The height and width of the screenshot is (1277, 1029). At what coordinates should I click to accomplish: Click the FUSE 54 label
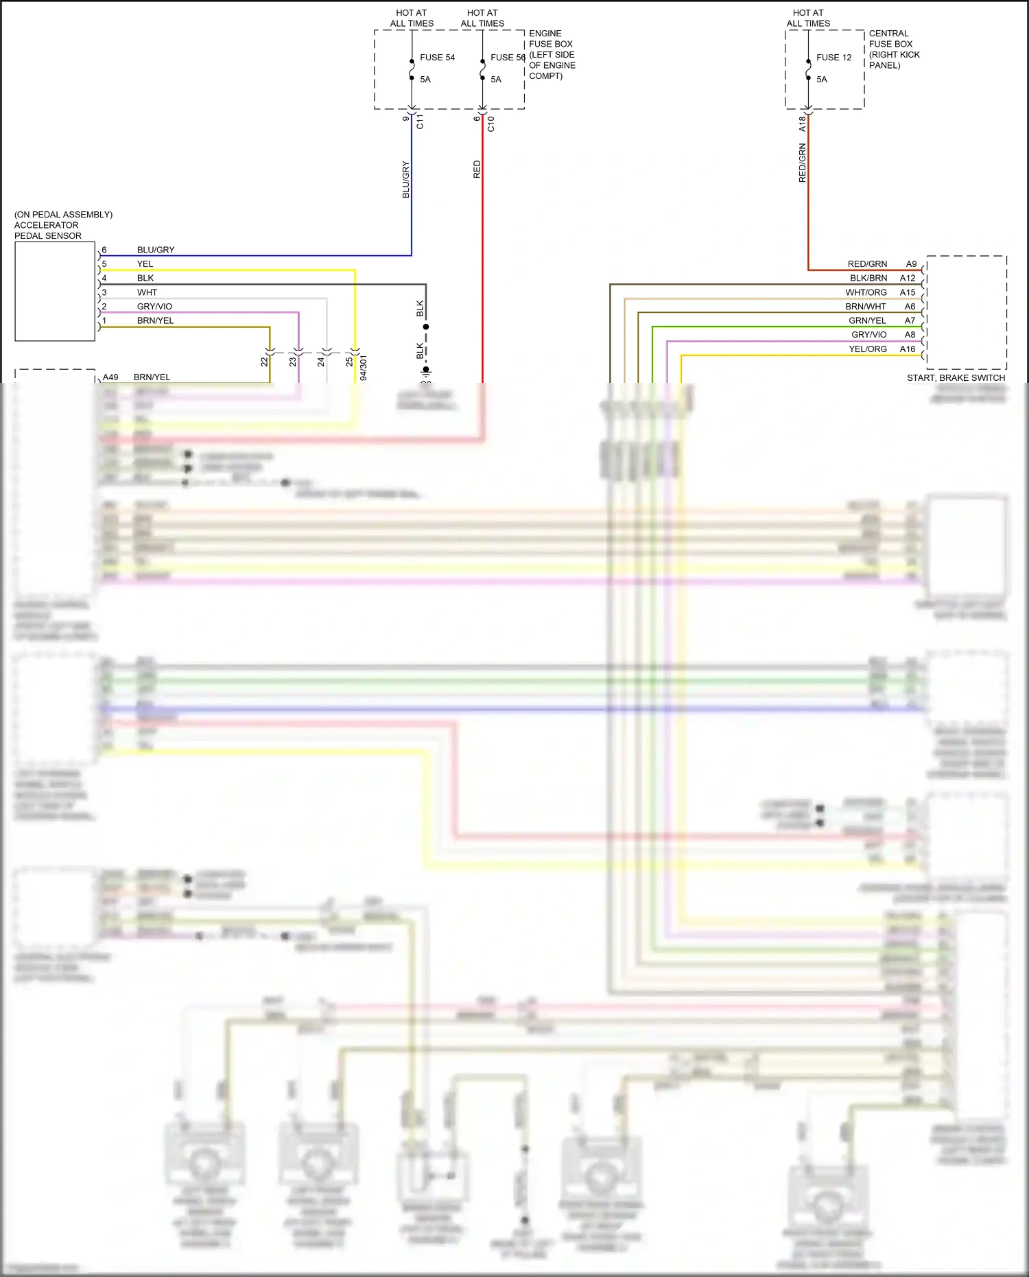coord(437,58)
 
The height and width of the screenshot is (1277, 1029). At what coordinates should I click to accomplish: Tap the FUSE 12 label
coord(833,58)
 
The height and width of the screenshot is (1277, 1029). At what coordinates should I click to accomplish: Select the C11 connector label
coord(420,122)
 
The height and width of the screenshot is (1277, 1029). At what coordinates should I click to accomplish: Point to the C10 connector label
coord(490,124)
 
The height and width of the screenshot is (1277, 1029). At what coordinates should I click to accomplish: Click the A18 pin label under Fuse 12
coord(802,124)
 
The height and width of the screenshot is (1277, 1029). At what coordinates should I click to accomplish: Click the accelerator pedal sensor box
coord(55,292)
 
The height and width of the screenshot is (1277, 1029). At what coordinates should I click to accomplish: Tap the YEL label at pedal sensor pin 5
coord(145,264)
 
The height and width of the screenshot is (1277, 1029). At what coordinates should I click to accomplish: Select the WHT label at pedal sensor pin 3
coord(147,292)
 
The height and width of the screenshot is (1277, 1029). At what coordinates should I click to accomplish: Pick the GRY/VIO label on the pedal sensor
coord(154,307)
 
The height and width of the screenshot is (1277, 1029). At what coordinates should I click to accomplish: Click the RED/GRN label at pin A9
coord(867,264)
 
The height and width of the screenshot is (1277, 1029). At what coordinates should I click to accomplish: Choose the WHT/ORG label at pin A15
coord(866,292)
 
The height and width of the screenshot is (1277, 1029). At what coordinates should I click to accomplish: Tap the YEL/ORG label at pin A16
coord(868,349)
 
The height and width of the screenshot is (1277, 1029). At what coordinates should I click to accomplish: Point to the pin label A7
coord(910,320)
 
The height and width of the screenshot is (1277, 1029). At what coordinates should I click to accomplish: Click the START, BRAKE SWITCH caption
coord(956,378)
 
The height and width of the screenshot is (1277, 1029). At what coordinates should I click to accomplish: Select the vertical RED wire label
coord(477,169)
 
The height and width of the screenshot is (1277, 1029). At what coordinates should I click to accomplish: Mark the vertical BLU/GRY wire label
coord(405,180)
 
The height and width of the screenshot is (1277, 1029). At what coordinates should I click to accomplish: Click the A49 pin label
coord(110,377)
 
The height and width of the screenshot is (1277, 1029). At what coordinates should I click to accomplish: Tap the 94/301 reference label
coord(363,367)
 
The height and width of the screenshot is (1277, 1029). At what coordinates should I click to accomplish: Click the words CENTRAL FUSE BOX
coord(890,38)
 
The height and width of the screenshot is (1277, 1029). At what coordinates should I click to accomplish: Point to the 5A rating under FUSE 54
coord(425,80)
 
